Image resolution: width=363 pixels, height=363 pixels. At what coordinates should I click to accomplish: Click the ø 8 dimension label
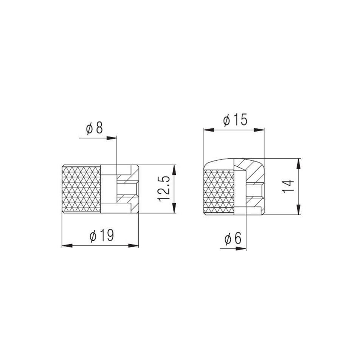94,128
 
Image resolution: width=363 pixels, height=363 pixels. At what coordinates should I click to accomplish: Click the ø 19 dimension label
102,236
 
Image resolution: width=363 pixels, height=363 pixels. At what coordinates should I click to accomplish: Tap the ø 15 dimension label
235,120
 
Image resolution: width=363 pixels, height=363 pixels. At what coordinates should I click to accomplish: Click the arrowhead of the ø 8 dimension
112,138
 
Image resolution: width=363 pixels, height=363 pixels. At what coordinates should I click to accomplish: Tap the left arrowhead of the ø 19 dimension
67,245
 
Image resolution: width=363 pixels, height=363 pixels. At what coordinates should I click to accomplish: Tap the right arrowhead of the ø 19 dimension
133,245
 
